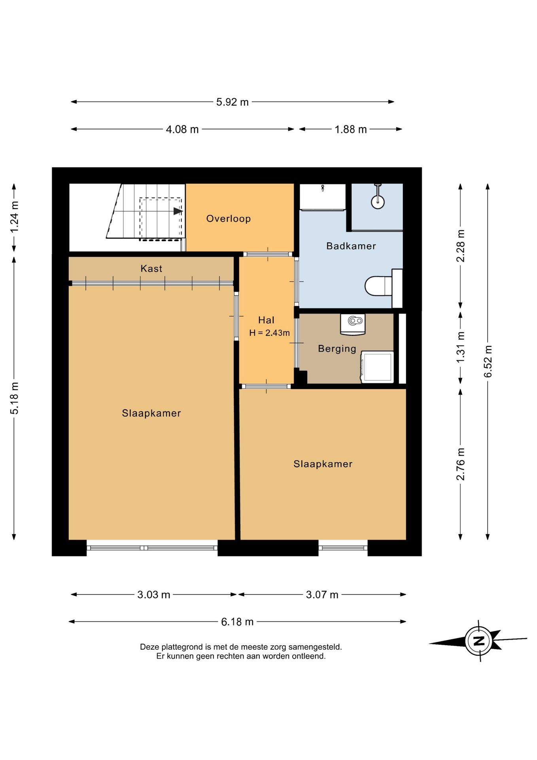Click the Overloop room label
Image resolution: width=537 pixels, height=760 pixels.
pyautogui.click(x=229, y=218)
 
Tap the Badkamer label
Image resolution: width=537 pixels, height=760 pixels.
pyautogui.click(x=351, y=246)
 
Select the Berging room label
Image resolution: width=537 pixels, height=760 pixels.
pyautogui.click(x=337, y=349)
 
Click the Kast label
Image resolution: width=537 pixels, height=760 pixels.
pyautogui.click(x=151, y=268)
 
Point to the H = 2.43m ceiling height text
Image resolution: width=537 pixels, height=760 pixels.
pyautogui.click(x=269, y=333)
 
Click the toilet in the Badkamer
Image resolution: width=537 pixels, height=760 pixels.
pyautogui.click(x=378, y=286)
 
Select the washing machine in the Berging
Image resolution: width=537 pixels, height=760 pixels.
pyautogui.click(x=377, y=367)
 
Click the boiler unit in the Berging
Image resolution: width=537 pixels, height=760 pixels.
pyautogui.click(x=353, y=324)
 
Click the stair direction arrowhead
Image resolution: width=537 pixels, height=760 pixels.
pyautogui.click(x=178, y=211)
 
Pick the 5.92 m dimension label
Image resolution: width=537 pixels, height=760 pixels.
pyautogui.click(x=233, y=102)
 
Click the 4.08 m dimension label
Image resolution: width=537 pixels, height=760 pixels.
pyautogui.click(x=182, y=129)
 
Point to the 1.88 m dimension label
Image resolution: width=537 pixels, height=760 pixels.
pyautogui.click(x=351, y=129)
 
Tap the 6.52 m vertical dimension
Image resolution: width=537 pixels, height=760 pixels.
pyautogui.click(x=488, y=361)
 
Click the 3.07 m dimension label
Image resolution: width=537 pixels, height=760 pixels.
pyautogui.click(x=322, y=595)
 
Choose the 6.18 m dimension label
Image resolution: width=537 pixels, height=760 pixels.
pyautogui.click(x=237, y=622)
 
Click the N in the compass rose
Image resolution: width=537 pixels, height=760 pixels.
pyautogui.click(x=479, y=640)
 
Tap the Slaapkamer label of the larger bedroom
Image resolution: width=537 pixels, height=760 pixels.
pyautogui.click(x=151, y=413)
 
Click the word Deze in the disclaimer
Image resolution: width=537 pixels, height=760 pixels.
pyautogui.click(x=149, y=647)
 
